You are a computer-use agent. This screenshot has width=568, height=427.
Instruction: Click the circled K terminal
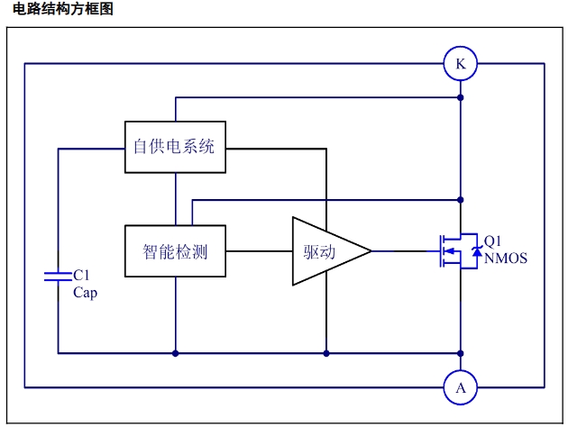(461, 64)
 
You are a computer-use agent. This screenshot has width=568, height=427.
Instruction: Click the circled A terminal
(461, 388)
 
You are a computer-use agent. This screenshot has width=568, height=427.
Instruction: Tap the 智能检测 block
(175, 251)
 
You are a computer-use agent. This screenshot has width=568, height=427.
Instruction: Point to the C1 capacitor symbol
(58, 274)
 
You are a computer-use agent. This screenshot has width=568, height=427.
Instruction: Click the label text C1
(81, 274)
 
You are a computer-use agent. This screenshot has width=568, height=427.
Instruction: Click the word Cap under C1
(85, 292)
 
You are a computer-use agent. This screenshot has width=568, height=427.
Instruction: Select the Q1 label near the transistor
(493, 241)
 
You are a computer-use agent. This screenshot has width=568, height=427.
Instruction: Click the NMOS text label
(506, 259)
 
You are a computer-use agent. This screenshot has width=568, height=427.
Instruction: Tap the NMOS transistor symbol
(450, 251)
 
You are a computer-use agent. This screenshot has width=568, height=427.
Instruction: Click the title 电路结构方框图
(63, 10)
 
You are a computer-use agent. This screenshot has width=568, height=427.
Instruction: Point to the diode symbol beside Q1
(476, 253)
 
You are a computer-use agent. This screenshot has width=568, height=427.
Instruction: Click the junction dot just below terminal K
(461, 96)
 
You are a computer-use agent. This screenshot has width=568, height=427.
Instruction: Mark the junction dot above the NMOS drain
(461, 199)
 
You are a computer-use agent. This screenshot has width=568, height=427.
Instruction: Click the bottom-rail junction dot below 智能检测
(175, 353)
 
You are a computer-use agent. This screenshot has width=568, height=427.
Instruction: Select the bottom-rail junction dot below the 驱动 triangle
(325, 353)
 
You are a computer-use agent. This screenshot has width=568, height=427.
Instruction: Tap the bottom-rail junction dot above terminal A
(461, 353)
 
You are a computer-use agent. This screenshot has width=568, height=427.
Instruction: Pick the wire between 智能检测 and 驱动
(258, 251)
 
